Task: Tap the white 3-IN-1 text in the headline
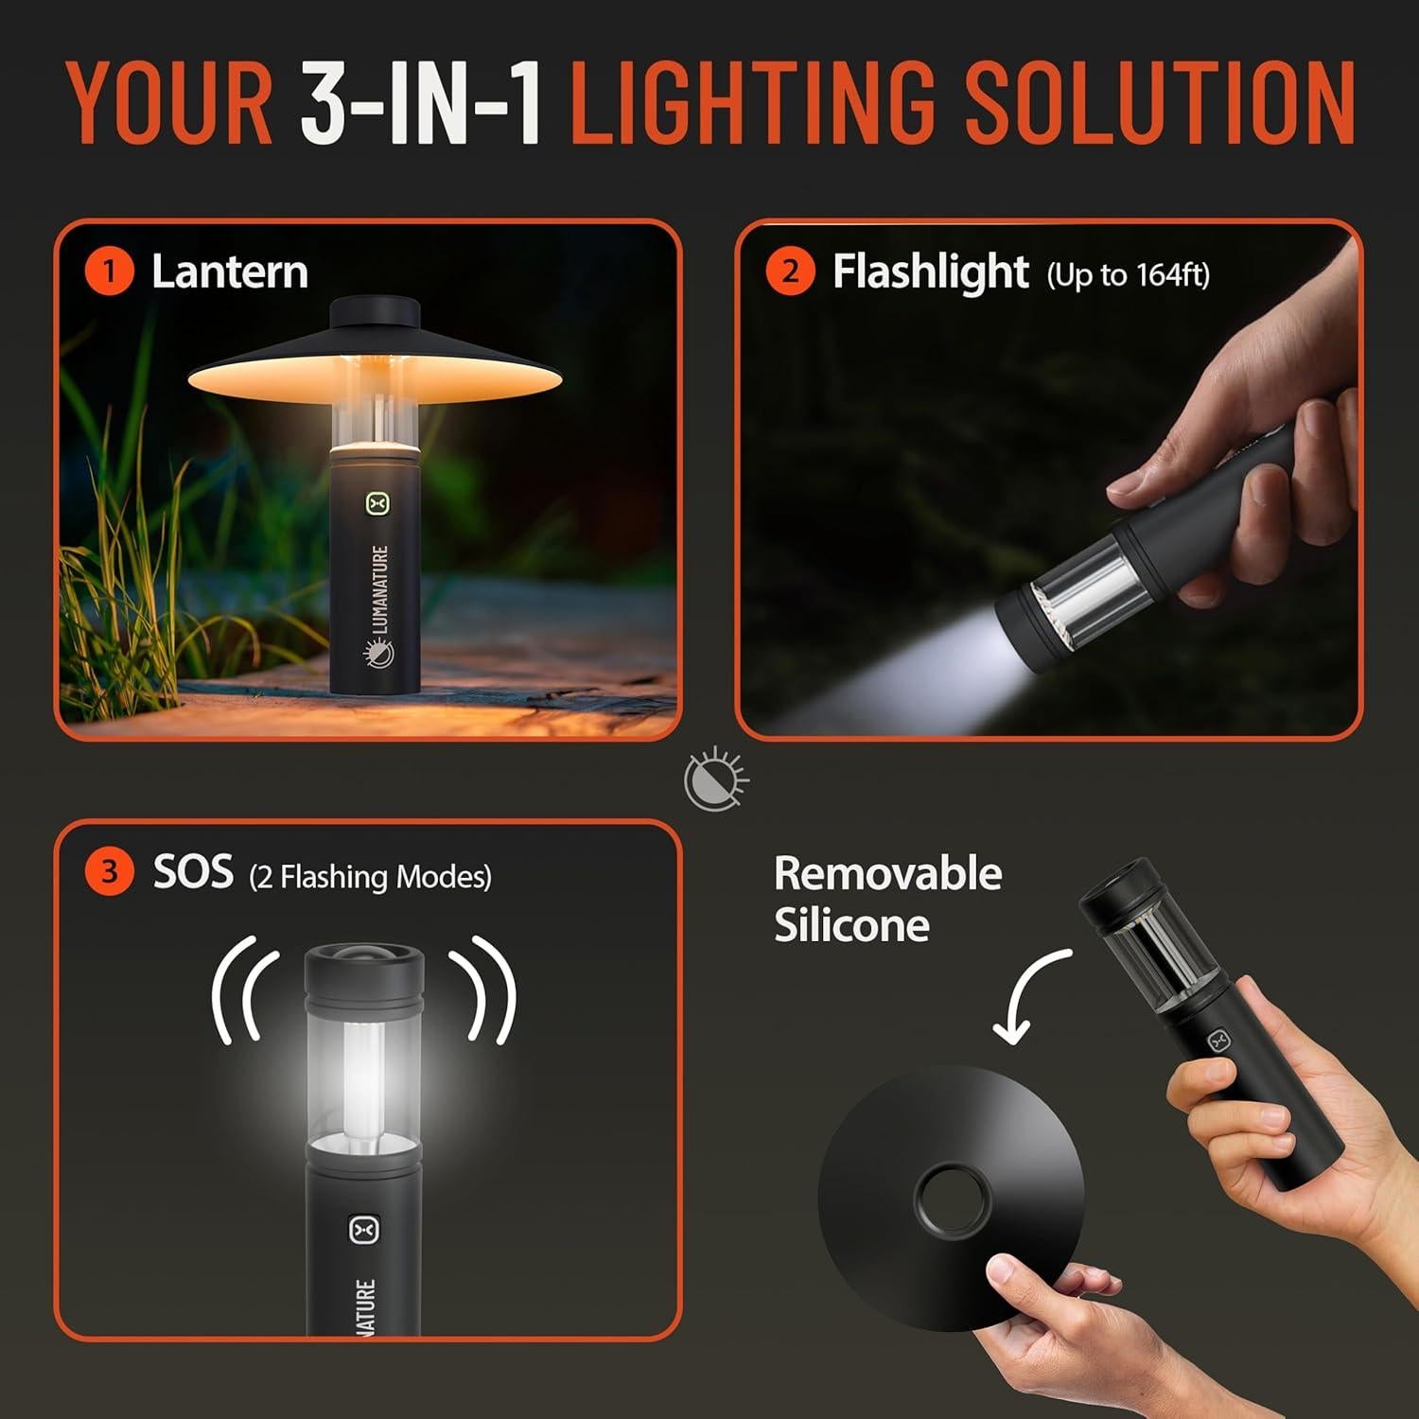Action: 422,102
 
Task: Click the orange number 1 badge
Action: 109,272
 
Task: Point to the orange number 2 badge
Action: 790,272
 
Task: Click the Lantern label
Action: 230,272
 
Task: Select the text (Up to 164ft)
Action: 1128,275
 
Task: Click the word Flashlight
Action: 930,272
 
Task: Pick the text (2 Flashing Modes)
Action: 370,877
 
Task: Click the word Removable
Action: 887,873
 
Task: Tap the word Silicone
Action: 851,924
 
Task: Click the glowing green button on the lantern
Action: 378,503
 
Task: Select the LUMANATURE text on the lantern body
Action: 379,588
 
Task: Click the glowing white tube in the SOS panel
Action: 363,1078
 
